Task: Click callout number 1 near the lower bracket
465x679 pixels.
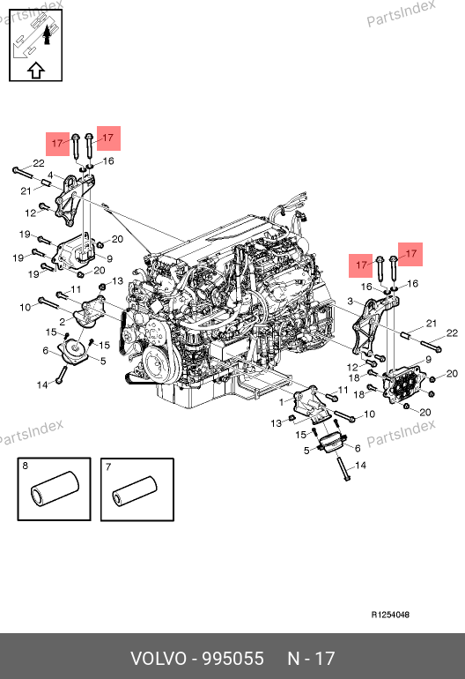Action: [x=281, y=402]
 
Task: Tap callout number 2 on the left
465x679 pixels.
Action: [x=63, y=322]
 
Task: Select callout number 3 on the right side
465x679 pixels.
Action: [x=350, y=302]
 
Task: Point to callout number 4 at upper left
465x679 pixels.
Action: [x=50, y=175]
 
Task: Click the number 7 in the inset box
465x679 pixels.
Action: [x=108, y=466]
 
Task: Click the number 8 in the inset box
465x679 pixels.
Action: [x=25, y=466]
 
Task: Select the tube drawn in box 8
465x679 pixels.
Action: [x=55, y=488]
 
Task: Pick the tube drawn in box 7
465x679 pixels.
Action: [x=134, y=490]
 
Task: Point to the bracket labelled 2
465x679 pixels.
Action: [x=89, y=314]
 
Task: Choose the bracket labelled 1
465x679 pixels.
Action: [x=311, y=404]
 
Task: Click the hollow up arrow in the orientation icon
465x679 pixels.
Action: [x=36, y=71]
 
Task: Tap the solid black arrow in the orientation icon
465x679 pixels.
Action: [x=48, y=34]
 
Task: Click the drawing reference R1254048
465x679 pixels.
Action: [x=390, y=615]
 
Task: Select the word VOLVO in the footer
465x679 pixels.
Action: [x=159, y=658]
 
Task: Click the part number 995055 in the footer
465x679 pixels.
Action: [x=233, y=658]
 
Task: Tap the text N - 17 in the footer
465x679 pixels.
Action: [x=311, y=658]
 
